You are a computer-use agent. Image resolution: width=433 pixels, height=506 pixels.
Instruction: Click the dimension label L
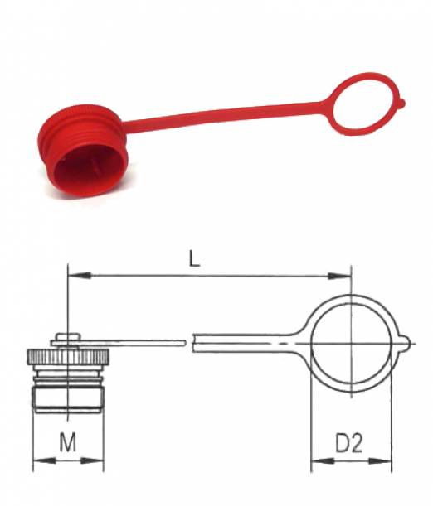tap(194, 259)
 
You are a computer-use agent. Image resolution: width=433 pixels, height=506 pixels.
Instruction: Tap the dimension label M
tap(68, 442)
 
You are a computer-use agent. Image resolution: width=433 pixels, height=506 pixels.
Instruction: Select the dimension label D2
tap(349, 443)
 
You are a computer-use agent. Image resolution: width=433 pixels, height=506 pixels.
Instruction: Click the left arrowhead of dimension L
tap(80, 276)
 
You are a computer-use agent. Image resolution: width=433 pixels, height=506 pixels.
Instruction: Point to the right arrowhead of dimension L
tap(339, 276)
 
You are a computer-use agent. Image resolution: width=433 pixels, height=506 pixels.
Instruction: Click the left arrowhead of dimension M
tap(45, 460)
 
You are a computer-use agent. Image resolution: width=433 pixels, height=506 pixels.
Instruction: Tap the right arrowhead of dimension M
tap(92, 460)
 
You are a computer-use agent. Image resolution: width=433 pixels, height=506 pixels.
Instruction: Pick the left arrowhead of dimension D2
tap(323, 460)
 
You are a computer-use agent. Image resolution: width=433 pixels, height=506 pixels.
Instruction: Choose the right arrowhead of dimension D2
tap(380, 460)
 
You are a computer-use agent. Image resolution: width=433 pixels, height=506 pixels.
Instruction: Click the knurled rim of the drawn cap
tap(68, 357)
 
